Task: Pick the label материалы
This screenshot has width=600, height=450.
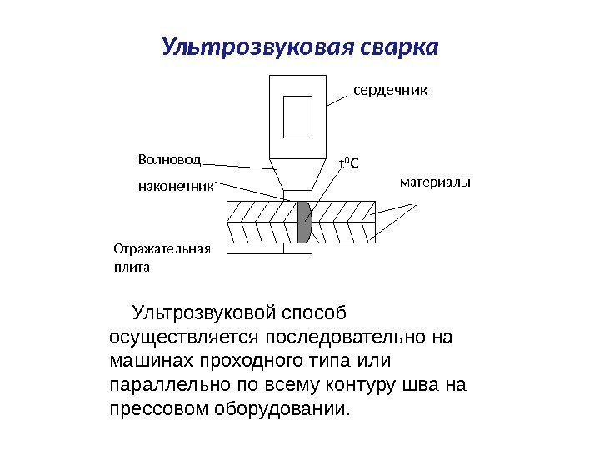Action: [435, 181]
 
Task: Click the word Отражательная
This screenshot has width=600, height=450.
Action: [162, 249]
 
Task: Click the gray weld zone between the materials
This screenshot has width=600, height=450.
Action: [304, 222]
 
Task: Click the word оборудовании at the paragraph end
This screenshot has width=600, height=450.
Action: [284, 410]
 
